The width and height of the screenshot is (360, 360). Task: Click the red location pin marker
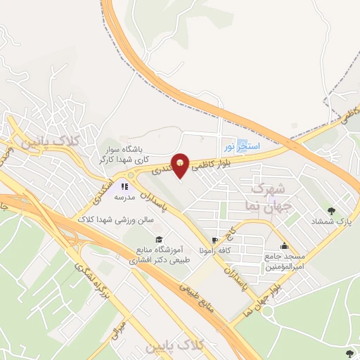pos(181,165)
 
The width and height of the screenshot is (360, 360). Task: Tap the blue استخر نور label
pos(241,146)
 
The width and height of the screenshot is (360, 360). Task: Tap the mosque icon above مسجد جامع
pos(284,246)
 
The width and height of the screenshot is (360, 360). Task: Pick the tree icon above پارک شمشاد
pos(330,210)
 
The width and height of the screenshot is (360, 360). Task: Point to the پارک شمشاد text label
pos(330,221)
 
